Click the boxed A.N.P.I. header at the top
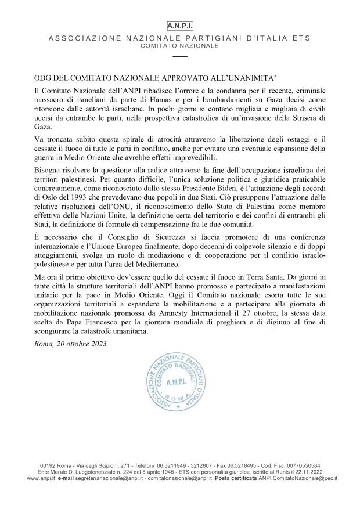click(180, 27)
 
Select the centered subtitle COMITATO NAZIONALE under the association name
click(180, 45)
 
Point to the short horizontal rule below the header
click(180, 56)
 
